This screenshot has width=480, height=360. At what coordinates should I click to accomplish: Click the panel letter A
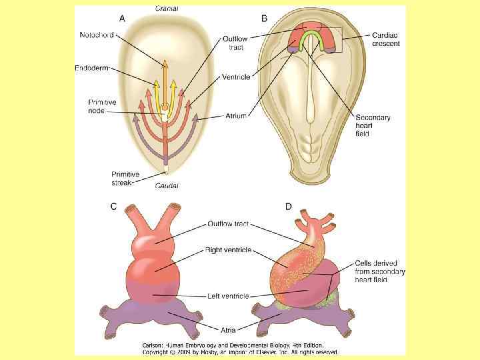click(122, 19)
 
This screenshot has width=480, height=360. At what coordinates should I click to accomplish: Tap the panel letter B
click(265, 19)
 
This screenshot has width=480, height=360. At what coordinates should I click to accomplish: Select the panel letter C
click(113, 207)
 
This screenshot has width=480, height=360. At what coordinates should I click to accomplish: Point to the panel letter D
click(289, 207)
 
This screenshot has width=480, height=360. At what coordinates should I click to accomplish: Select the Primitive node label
click(103, 106)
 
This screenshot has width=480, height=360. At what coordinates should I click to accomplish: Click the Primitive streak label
click(126, 178)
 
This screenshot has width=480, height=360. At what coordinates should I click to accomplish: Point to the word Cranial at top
click(167, 9)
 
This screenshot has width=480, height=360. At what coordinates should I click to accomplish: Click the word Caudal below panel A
click(167, 185)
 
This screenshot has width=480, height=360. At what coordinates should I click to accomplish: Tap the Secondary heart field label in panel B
click(373, 125)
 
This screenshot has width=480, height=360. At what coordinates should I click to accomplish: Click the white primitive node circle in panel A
click(163, 107)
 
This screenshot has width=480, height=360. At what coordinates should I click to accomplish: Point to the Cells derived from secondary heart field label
click(381, 272)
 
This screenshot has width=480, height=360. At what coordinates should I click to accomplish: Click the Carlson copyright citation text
click(240, 348)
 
